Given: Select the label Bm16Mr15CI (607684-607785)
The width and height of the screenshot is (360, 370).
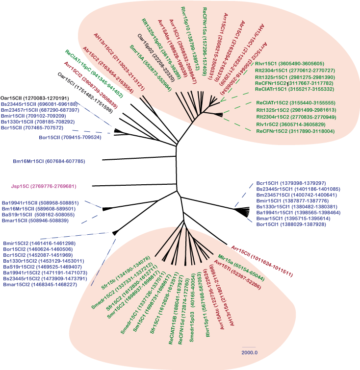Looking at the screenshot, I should tap(49, 161).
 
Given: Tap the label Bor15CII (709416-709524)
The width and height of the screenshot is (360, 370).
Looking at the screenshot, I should tap(70, 138).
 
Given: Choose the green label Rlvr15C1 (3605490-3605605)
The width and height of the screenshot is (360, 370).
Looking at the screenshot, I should tap(289, 64).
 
